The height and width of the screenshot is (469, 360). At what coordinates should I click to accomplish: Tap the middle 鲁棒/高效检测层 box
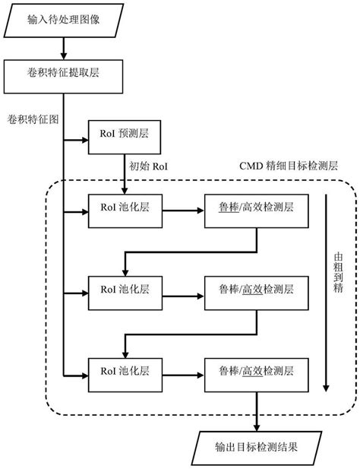click(x=257, y=290)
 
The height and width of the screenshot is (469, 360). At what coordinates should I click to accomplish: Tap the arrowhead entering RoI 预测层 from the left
click(x=84, y=139)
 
